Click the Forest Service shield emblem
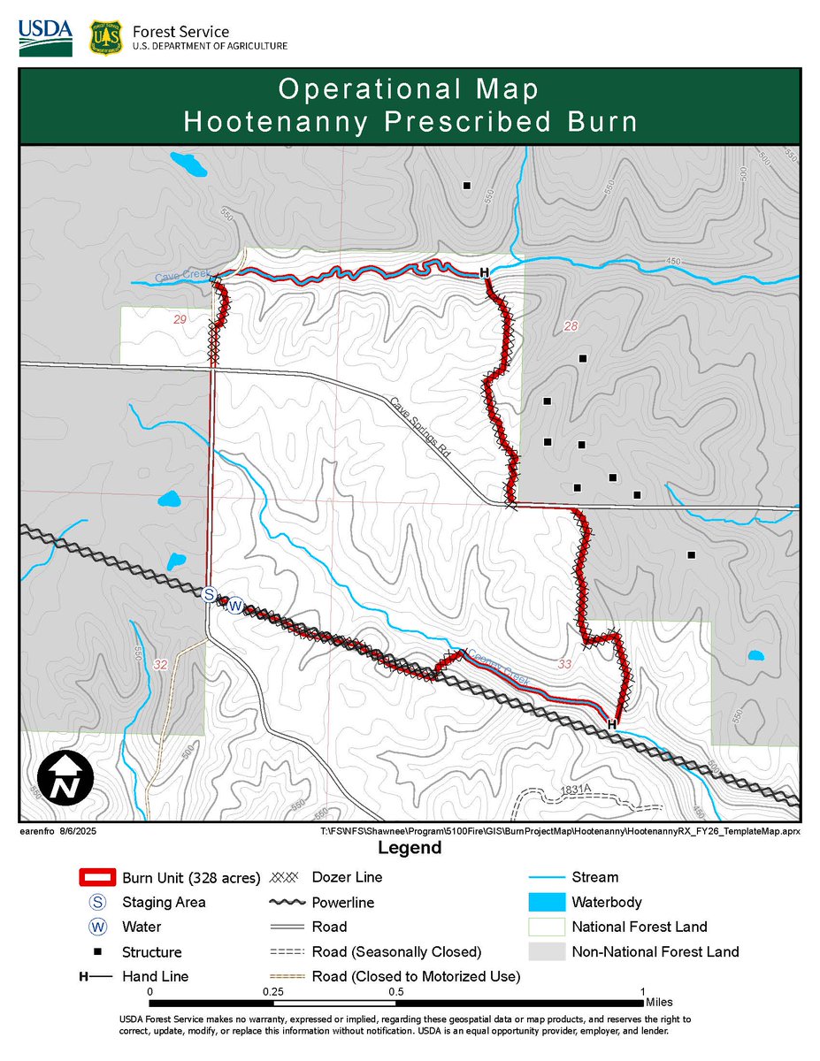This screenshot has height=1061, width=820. click(x=105, y=37)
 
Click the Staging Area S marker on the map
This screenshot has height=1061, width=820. click(x=210, y=595)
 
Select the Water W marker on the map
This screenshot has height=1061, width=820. click(x=235, y=607)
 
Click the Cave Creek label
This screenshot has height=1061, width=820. click(x=181, y=277)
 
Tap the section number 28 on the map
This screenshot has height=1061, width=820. click(x=571, y=327)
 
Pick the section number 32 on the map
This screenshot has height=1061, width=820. click(x=160, y=664)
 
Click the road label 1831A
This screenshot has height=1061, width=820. click(x=574, y=789)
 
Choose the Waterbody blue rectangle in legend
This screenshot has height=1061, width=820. click(x=546, y=903)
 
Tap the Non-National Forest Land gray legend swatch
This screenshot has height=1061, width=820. click(x=546, y=952)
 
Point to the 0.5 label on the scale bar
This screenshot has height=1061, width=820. click(x=396, y=992)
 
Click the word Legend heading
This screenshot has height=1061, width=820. click(x=410, y=849)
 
